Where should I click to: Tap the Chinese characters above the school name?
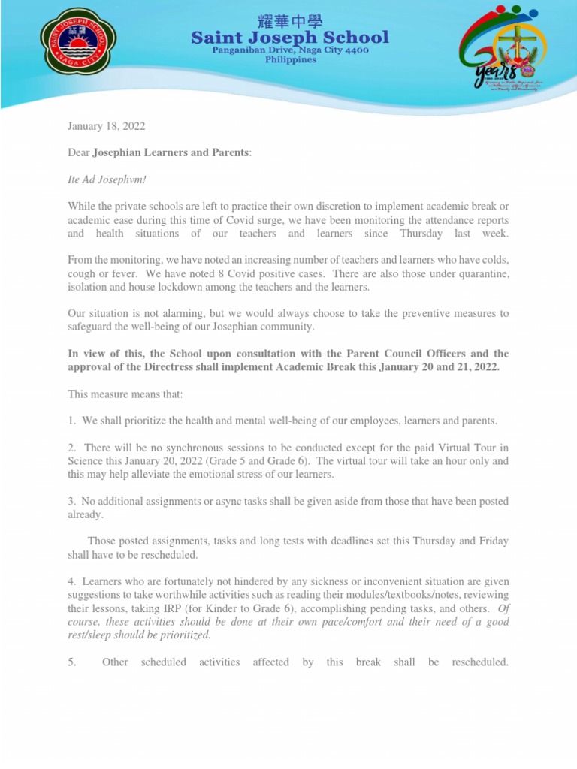tap(289, 20)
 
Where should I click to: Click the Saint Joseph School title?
tap(290, 38)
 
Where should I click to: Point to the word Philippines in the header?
tap(290, 59)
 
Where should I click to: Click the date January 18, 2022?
tap(107, 126)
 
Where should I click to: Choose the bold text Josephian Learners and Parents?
tap(171, 153)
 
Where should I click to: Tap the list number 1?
tap(71, 421)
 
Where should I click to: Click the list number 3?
tap(71, 501)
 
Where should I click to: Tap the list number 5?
tap(71, 662)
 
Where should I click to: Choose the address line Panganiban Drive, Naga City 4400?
tap(290, 50)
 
